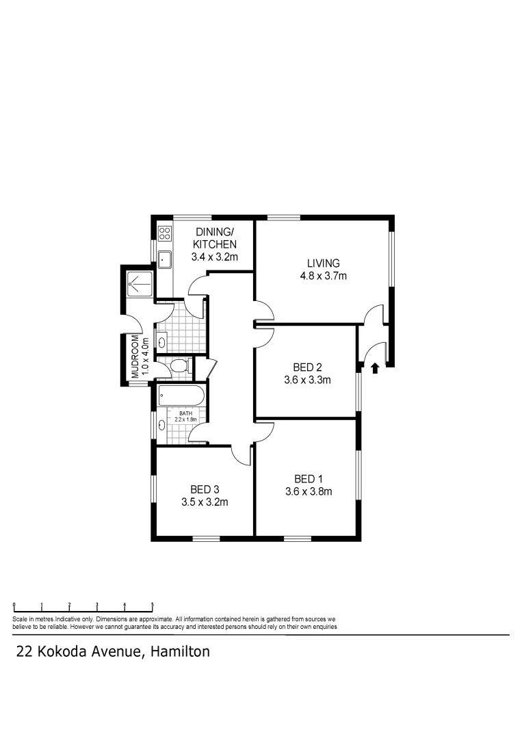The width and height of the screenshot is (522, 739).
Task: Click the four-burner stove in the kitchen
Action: (164, 233)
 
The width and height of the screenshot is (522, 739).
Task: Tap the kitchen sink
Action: (164, 259)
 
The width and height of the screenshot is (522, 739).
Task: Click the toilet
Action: (177, 366)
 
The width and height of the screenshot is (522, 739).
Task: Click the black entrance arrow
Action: (374, 369)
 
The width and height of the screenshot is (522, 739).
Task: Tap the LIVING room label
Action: (324, 263)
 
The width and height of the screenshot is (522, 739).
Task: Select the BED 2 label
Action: (307, 367)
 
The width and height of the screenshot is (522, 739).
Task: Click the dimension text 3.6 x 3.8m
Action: (308, 491)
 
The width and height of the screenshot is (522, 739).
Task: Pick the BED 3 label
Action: (205, 489)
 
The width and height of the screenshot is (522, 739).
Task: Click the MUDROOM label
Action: (135, 357)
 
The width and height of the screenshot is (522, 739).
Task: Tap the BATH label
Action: (185, 413)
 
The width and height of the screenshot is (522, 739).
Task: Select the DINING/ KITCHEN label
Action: (214, 238)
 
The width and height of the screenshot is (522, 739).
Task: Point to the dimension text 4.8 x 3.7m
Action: (324, 276)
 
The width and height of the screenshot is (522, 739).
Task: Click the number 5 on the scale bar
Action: (152, 605)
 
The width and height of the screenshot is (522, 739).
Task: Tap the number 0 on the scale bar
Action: (14, 605)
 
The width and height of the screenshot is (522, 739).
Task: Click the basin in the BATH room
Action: (161, 425)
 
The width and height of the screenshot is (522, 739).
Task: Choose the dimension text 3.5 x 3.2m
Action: (205, 502)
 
